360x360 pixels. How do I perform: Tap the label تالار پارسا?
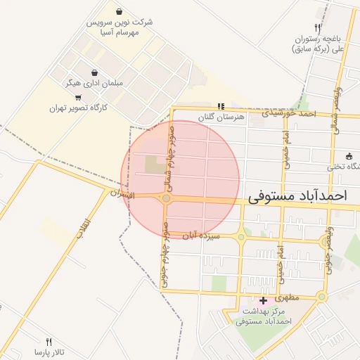pos(49,351)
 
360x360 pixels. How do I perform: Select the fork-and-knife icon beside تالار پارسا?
pos(49,341)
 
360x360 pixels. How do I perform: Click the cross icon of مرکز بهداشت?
pos(263,301)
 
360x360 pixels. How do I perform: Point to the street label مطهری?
pos(288,298)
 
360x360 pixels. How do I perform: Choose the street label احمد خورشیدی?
pos(289,112)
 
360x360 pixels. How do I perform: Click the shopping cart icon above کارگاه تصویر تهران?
pos(77,97)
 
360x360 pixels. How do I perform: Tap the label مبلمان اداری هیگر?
pos(94,83)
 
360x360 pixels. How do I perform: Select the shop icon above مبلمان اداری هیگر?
pos(94,72)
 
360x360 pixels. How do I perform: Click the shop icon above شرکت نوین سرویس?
pos(120,12)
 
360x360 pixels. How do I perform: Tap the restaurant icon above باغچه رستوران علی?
pos(318,28)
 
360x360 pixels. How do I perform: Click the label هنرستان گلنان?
pos(221,117)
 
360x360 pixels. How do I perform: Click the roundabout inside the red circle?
pos(166,199)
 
